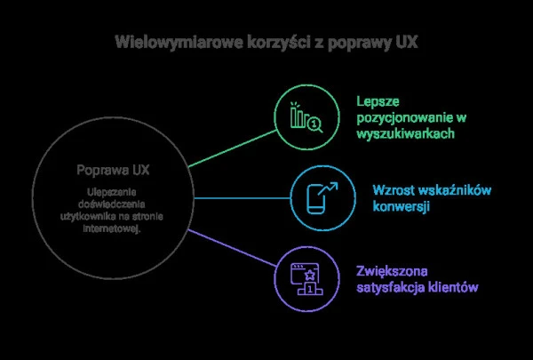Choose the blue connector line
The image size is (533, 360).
[x=240, y=196]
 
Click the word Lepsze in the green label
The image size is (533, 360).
[x=376, y=100]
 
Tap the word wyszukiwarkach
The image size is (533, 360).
[x=408, y=132]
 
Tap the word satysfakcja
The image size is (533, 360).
[x=392, y=287]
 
